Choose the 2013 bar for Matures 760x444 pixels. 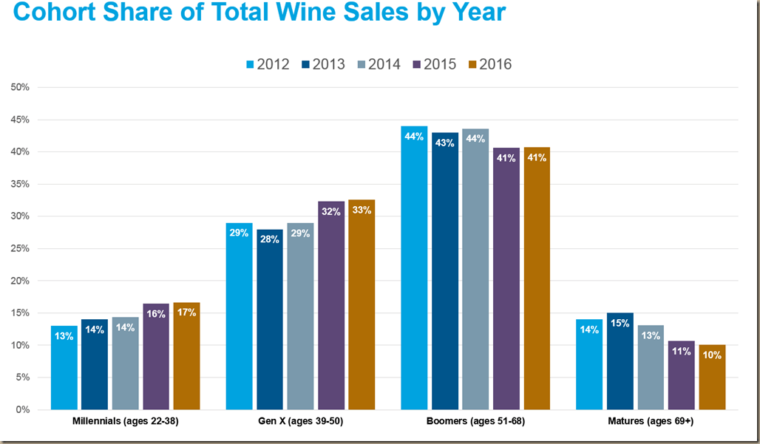click(x=620, y=361)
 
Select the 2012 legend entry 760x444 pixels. click(x=267, y=64)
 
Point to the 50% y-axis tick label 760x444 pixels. click(x=20, y=87)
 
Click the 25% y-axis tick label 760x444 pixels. click(x=20, y=248)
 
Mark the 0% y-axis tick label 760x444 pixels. click(x=23, y=409)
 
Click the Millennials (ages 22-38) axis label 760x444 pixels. click(x=125, y=422)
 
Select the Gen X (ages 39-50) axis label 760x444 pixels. click(x=300, y=422)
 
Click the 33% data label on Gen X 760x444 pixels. click(x=362, y=210)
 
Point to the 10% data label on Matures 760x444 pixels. click(x=712, y=354)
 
